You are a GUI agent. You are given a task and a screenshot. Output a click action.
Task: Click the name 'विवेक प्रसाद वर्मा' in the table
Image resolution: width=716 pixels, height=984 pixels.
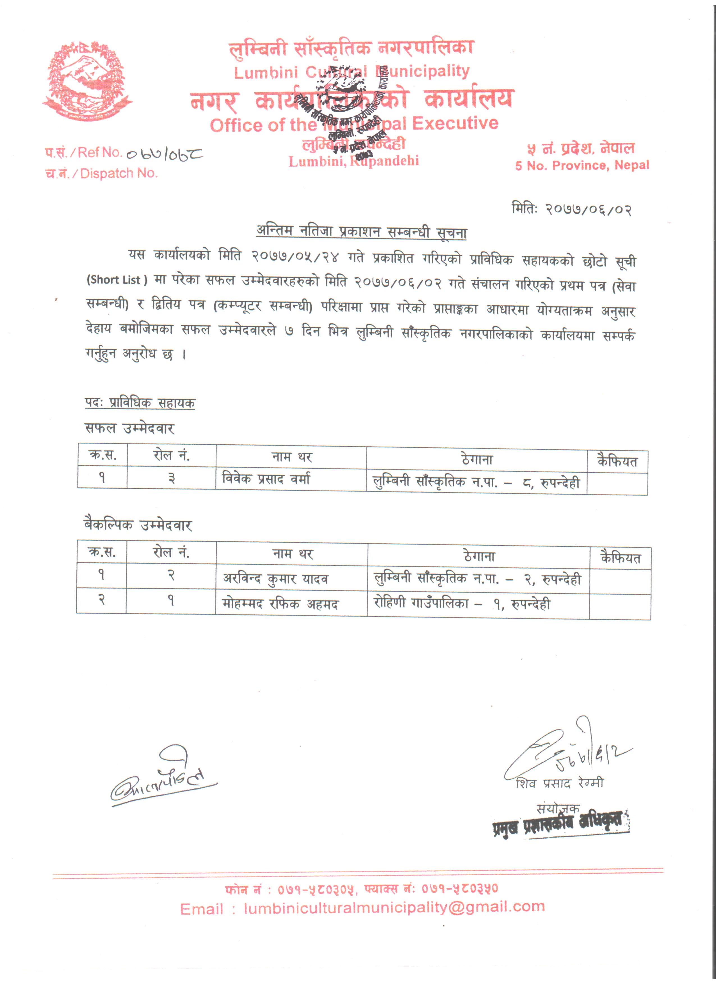coord(266,479)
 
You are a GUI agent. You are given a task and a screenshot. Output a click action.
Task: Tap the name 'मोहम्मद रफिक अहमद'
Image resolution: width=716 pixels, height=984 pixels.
coord(280,604)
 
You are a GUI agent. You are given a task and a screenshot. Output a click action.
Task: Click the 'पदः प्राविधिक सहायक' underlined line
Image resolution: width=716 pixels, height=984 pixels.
coord(140,403)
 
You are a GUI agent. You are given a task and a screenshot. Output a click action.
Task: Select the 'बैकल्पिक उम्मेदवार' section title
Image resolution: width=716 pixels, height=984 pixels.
coord(138,525)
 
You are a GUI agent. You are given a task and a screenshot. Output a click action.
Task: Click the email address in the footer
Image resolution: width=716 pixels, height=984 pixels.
coord(394,907)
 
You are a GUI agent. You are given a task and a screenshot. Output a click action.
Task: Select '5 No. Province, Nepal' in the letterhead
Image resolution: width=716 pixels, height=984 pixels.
coord(582,165)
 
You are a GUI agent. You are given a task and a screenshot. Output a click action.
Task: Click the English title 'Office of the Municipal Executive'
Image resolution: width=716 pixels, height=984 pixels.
coord(354,125)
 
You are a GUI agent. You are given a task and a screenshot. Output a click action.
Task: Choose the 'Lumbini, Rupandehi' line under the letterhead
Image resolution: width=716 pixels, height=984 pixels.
coord(354,161)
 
